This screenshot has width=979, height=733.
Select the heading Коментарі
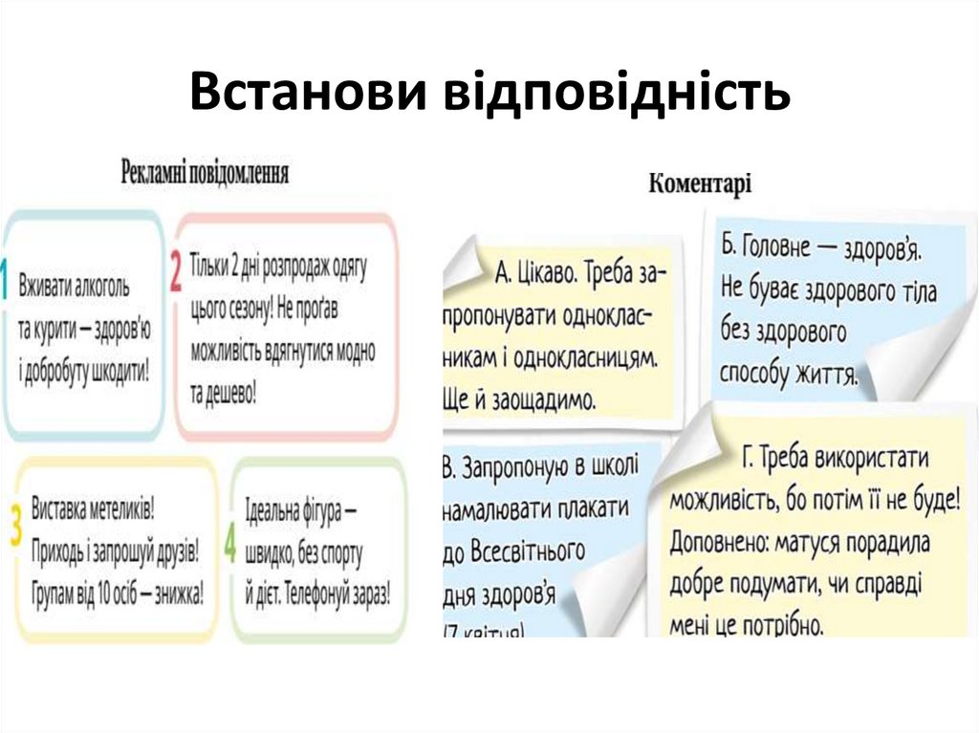(700, 183)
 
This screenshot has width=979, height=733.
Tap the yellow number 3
(15, 527)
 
